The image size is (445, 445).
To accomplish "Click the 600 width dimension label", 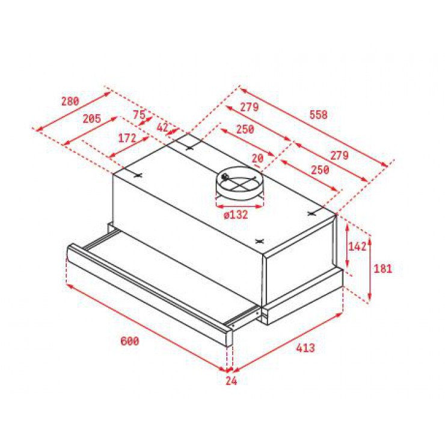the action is pos(130,341).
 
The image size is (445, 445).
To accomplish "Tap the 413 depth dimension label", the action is pos(305,348).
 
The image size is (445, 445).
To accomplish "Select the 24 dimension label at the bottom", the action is pos(232,381).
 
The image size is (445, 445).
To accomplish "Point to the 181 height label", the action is pos(383,268).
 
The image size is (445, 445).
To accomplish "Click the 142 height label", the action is pos(357,247).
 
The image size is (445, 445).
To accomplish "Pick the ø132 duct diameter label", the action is pos(236,215).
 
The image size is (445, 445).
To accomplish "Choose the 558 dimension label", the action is pos(319,115).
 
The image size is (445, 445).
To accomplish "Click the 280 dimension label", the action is pos(70,101).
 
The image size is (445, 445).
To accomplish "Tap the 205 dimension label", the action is pos(91,118).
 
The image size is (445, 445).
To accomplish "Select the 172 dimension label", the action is pos(127,138).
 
